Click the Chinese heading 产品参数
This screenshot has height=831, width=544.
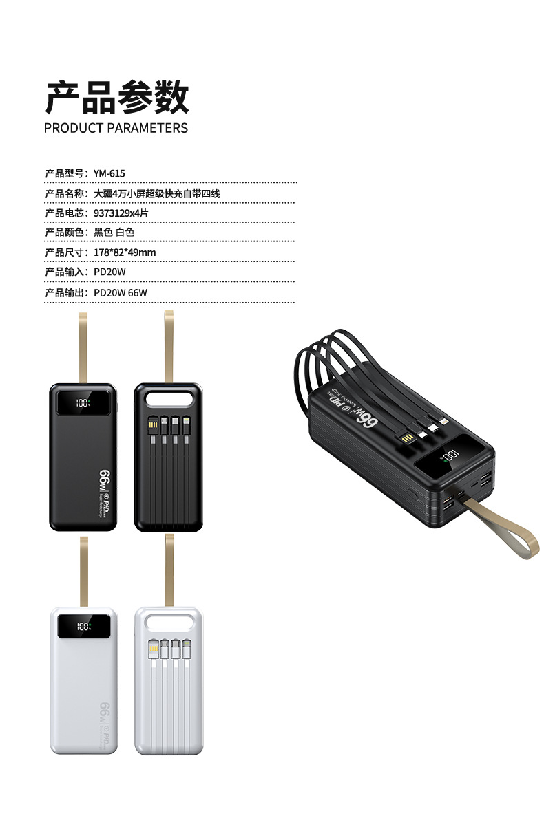pyautogui.click(x=116, y=97)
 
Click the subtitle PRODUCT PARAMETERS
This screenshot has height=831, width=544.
pyautogui.click(x=116, y=128)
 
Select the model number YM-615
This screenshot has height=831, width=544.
pyautogui.click(x=109, y=173)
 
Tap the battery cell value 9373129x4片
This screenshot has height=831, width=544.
pyautogui.click(x=121, y=213)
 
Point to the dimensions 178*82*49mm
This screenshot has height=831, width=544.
pyautogui.click(x=125, y=252)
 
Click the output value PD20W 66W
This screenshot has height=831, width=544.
pyautogui.click(x=121, y=292)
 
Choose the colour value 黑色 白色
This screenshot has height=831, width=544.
pyautogui.click(x=114, y=233)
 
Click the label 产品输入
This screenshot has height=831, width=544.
pyautogui.click(x=65, y=272)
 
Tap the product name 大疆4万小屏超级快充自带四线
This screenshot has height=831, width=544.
pyautogui.click(x=157, y=193)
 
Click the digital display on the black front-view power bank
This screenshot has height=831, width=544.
pyautogui.click(x=83, y=403)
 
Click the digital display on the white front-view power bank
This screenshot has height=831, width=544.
pyautogui.click(x=83, y=627)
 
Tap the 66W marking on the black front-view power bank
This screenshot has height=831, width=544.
pyautogui.click(x=106, y=480)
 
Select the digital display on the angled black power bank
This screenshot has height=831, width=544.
pyautogui.click(x=450, y=455)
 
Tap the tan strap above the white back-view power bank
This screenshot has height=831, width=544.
pyautogui.click(x=168, y=569)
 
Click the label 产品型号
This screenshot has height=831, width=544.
pyautogui.click(x=65, y=173)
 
